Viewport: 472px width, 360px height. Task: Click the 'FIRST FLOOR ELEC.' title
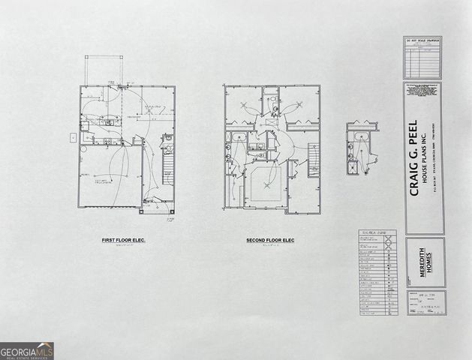123,240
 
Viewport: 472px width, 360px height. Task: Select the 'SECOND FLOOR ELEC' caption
270,240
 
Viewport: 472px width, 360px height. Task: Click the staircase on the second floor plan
314,160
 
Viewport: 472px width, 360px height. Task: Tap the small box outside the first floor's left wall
73,137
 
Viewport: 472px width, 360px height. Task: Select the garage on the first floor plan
110,178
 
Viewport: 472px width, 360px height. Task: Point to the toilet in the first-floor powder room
167,139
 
